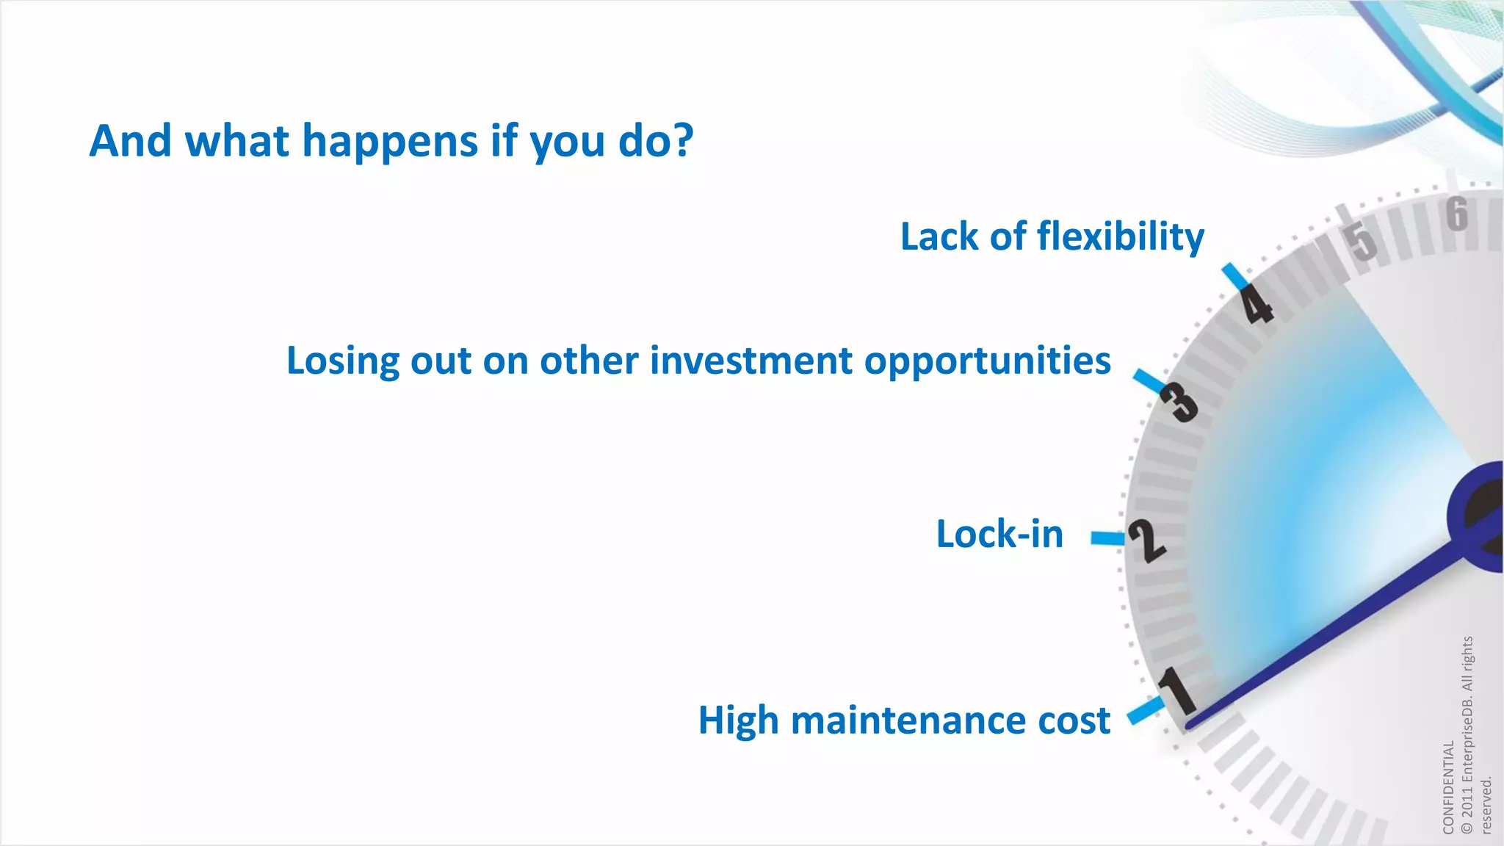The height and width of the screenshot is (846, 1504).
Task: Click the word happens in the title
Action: click(390, 141)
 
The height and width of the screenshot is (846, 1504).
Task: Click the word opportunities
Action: click(987, 362)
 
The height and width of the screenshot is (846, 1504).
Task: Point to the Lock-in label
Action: click(999, 534)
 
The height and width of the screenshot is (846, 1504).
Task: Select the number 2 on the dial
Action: click(1146, 540)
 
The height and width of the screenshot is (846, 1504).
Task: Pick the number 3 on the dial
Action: click(1179, 402)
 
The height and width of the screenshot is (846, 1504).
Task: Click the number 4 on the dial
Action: click(1258, 305)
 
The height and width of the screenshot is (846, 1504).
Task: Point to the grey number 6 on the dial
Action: click(1457, 214)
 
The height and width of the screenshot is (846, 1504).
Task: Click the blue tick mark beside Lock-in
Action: click(1107, 538)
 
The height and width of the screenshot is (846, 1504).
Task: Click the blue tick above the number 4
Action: click(1235, 276)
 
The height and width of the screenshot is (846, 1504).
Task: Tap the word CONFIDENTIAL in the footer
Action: click(1448, 787)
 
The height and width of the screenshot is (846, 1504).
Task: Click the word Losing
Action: click(342, 362)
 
